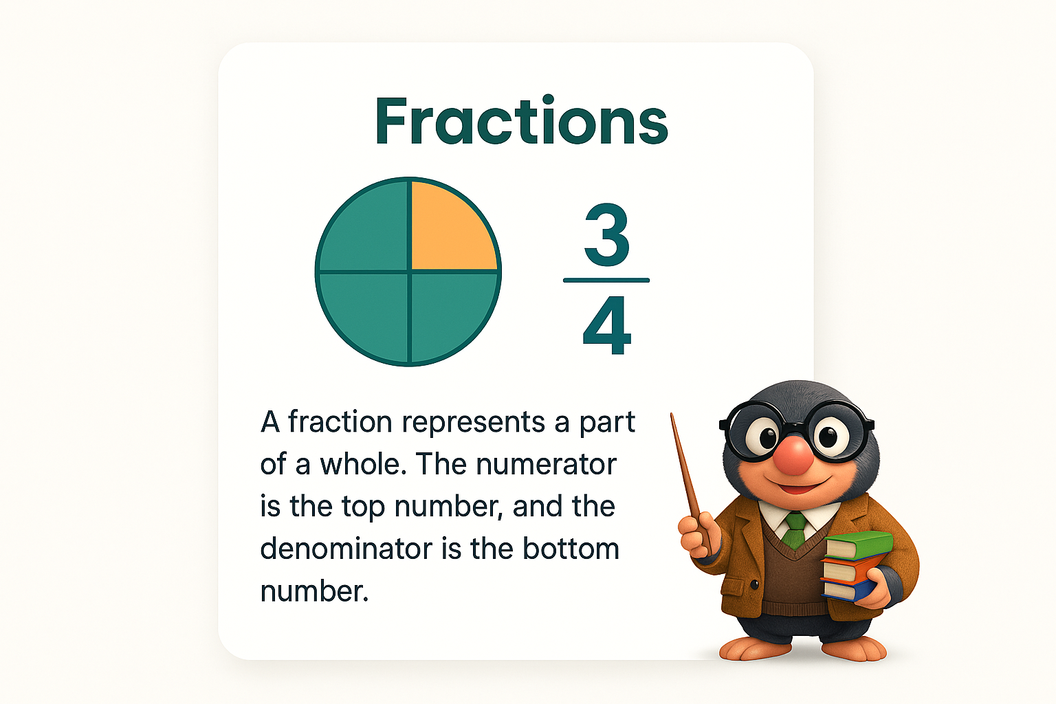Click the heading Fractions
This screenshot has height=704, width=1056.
521,120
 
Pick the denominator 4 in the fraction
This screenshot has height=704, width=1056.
607,326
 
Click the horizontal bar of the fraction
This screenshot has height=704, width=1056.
606,280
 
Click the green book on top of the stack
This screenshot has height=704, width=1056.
859,545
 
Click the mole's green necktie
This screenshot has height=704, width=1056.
795,530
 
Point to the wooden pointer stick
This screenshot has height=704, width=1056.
691,484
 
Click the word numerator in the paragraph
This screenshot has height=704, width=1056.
547,464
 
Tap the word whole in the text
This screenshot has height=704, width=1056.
363,464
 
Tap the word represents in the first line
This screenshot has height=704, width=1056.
473,423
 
